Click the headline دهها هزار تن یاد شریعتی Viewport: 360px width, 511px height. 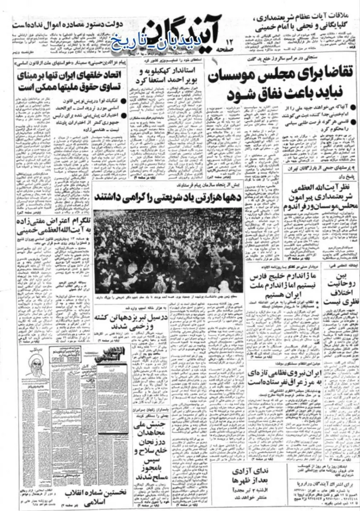pos(168,197)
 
